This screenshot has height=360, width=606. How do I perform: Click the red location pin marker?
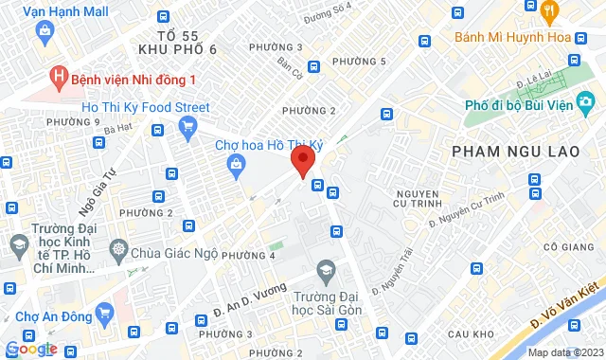point(302,160)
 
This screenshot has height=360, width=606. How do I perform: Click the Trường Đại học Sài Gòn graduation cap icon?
point(327,271)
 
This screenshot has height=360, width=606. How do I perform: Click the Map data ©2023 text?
point(564,352)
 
